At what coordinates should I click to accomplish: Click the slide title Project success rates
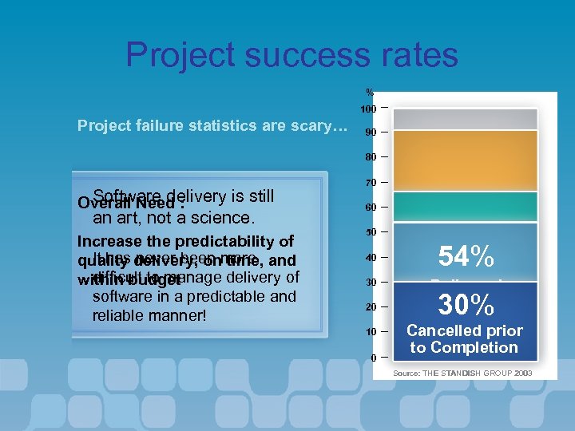click(x=291, y=55)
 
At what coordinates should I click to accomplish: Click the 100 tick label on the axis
click(x=368, y=109)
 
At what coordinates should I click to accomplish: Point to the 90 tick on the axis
click(x=370, y=132)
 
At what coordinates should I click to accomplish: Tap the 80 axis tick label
click(x=370, y=157)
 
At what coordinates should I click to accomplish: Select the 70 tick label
click(x=370, y=183)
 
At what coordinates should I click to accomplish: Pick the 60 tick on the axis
click(x=370, y=208)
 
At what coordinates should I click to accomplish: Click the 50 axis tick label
click(x=370, y=232)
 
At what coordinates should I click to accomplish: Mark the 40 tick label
click(x=370, y=258)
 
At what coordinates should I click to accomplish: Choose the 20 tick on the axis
click(x=370, y=307)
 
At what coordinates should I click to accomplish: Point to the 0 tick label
click(x=373, y=358)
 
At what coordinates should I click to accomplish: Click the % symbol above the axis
click(x=370, y=91)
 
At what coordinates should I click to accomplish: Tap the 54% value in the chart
click(x=466, y=256)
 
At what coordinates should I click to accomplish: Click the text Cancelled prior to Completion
click(x=465, y=338)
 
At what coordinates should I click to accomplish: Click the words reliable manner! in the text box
click(x=149, y=315)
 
